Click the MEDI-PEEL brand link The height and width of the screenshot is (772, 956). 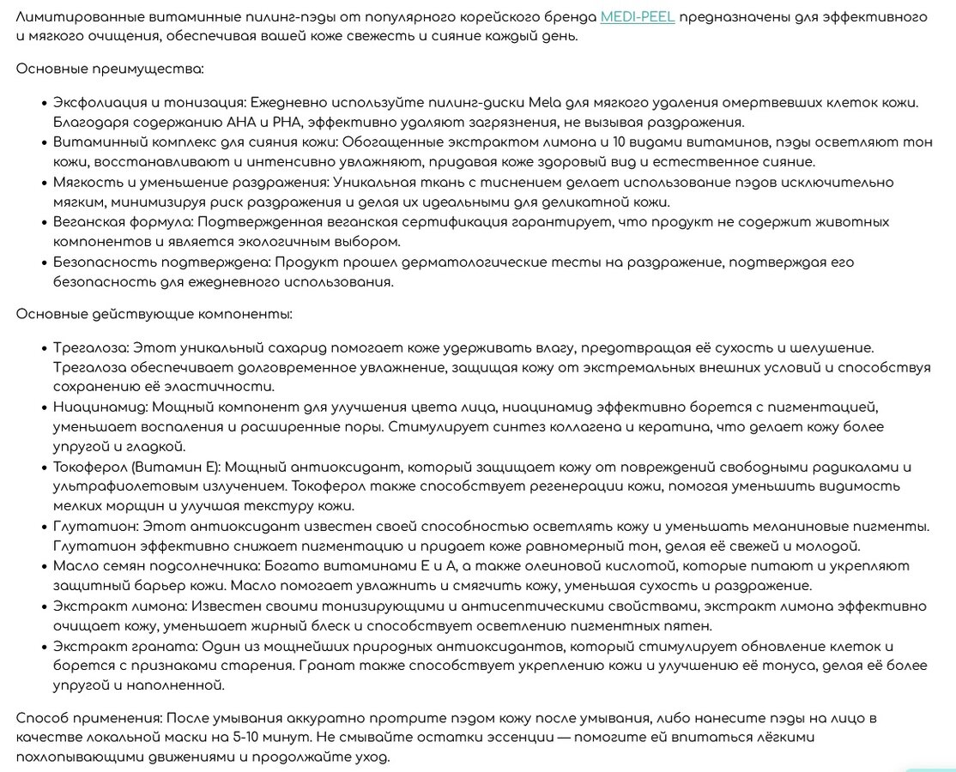(x=638, y=17)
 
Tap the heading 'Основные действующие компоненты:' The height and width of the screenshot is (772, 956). (x=154, y=314)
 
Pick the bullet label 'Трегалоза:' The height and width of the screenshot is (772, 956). (x=89, y=347)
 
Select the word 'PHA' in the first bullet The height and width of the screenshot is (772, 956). (x=285, y=122)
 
